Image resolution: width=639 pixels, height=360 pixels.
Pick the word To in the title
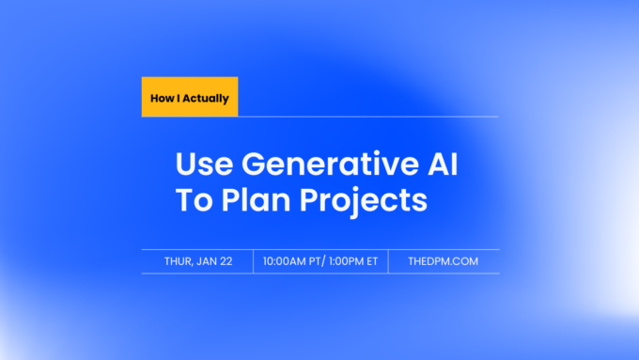192,200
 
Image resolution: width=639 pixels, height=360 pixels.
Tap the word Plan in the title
254,200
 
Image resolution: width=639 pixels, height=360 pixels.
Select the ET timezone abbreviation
372,261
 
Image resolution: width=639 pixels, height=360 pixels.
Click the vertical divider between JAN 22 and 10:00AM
254,261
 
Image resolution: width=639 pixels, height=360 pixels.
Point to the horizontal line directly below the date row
319,274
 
